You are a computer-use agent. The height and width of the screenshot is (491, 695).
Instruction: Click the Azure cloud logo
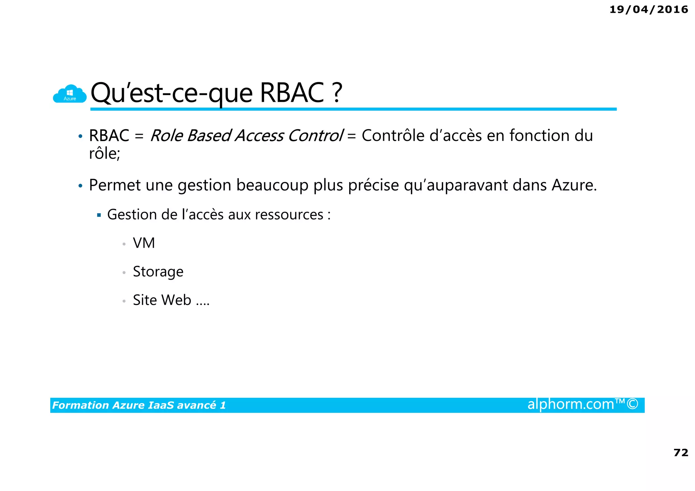tap(70, 94)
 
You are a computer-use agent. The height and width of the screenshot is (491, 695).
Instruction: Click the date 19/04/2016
tap(649, 10)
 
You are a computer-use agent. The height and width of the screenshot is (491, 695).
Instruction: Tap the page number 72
tap(680, 452)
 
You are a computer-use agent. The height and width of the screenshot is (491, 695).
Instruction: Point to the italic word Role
tap(166, 136)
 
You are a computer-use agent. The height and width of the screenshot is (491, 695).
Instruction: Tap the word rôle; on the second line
tap(104, 154)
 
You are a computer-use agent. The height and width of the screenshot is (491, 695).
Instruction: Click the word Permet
tap(114, 185)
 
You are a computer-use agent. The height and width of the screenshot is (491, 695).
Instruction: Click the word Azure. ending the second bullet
tap(574, 185)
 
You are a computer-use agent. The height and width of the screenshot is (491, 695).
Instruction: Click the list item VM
tap(144, 243)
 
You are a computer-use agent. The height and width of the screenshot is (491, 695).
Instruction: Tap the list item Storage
tap(158, 272)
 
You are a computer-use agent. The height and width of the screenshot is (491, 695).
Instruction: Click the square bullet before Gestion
tap(99, 215)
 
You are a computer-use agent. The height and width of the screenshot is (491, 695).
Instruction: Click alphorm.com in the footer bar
tap(570, 404)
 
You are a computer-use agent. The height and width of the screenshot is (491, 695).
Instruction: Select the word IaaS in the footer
tap(161, 405)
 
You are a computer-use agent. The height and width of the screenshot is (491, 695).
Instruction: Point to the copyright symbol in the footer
tap(633, 404)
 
